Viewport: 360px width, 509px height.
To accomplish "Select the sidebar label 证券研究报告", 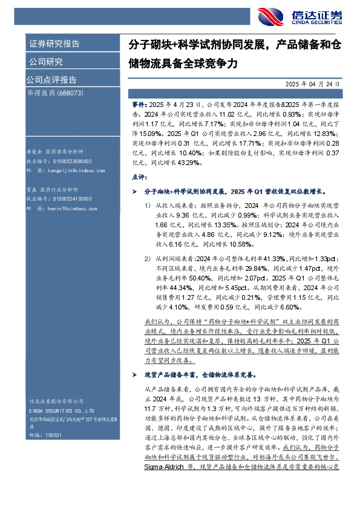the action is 54,44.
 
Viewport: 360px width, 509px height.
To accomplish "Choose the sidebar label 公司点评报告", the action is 51,80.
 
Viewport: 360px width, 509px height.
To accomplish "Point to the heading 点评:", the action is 138,177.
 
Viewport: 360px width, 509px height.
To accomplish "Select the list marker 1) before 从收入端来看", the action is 148,205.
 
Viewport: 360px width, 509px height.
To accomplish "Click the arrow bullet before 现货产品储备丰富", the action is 134,375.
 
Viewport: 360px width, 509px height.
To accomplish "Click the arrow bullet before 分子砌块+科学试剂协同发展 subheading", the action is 134,191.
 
